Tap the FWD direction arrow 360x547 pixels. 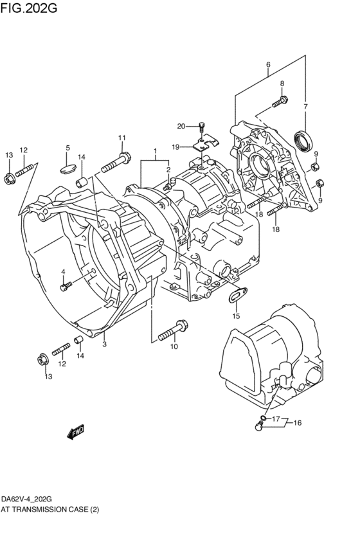point(75,433)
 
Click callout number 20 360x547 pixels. point(181,125)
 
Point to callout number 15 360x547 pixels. point(236,316)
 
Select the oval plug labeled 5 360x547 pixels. point(67,168)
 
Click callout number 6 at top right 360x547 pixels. point(268,64)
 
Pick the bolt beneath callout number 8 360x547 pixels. point(280,102)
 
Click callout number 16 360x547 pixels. point(296,423)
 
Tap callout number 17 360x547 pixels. point(276,420)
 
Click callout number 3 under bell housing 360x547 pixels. point(104,345)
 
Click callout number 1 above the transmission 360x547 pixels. point(155,152)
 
